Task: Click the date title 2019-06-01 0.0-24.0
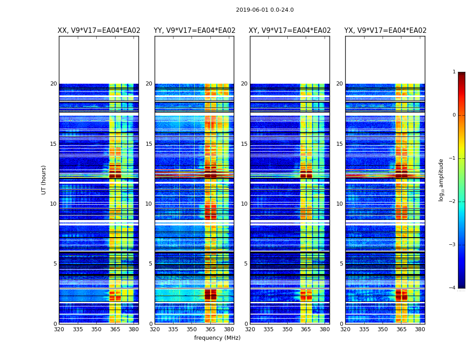pyautogui.click(x=265, y=10)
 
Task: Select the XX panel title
pyautogui.click(x=99, y=31)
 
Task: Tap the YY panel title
pyautogui.click(x=194, y=31)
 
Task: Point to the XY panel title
pyautogui.click(x=290, y=31)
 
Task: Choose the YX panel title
pyautogui.click(x=385, y=31)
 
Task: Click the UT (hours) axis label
pyautogui.click(x=44, y=180)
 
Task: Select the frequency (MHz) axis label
pyautogui.click(x=217, y=338)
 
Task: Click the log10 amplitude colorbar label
pyautogui.click(x=441, y=180)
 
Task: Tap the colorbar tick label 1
pyautogui.click(x=454, y=72)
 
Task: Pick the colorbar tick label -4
pyautogui.click(x=453, y=288)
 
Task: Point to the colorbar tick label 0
pyautogui.click(x=454, y=115)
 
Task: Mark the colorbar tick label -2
pyautogui.click(x=453, y=202)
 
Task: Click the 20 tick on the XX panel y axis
pyautogui.click(x=53, y=84)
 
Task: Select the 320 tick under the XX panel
pyautogui.click(x=59, y=329)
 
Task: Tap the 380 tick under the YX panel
pyautogui.click(x=420, y=329)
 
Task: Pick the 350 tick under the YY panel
pyautogui.click(x=192, y=329)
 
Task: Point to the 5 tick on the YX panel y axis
pyautogui.click(x=341, y=264)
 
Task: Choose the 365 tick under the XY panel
pyautogui.click(x=306, y=329)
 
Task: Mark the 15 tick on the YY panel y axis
pyautogui.click(x=149, y=144)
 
